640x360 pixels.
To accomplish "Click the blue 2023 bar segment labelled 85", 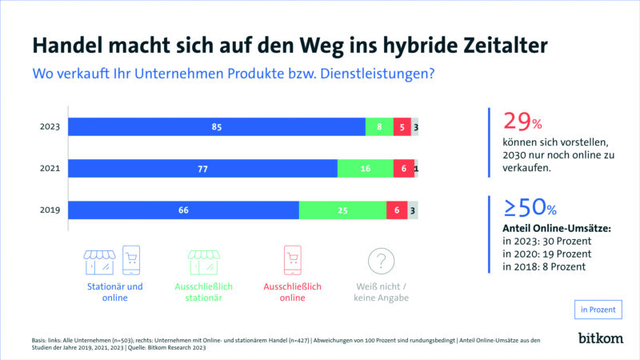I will point(216,126).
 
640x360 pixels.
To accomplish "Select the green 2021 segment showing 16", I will point(365,168).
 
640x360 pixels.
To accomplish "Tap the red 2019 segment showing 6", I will point(397,210).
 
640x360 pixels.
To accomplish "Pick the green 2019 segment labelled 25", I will point(342,210).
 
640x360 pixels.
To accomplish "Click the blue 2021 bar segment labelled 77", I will point(202,168).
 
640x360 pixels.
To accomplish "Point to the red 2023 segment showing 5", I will point(402,126).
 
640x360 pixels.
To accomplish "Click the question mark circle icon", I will point(382,261).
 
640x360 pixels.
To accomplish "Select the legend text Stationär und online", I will point(114,292).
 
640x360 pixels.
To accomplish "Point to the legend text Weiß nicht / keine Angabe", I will point(382,292).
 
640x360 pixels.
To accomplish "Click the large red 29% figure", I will point(522,122).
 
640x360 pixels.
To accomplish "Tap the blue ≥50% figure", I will point(530,208).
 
